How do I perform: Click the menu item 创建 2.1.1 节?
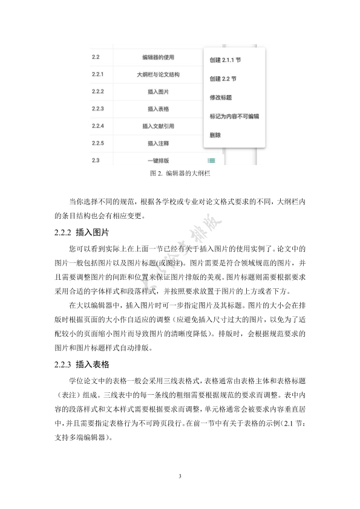click(x=227, y=60)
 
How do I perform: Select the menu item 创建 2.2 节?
click(x=223, y=79)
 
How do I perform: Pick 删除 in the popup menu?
click(x=215, y=134)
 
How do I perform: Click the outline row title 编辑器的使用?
click(x=158, y=57)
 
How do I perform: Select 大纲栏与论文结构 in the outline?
click(x=158, y=75)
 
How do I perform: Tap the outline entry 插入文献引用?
click(x=158, y=126)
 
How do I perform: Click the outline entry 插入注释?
click(x=158, y=143)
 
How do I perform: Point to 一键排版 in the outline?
click(x=158, y=160)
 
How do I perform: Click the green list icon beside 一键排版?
click(x=211, y=160)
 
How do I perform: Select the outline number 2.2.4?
click(x=98, y=126)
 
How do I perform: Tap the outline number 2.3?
click(x=95, y=160)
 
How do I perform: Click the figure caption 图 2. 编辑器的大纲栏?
click(x=179, y=173)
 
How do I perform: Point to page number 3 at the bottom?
click(x=180, y=477)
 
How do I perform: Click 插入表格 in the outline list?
click(x=158, y=109)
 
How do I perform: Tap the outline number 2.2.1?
click(x=98, y=75)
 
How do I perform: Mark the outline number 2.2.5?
click(x=98, y=143)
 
